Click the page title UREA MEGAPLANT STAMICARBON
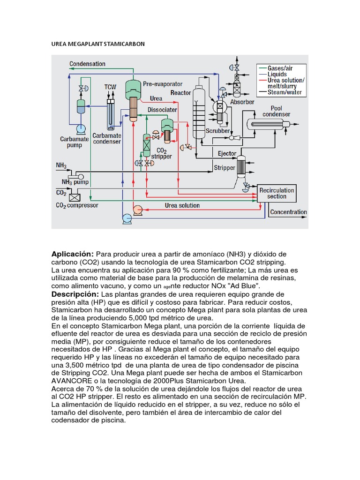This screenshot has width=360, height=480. pos(98,44)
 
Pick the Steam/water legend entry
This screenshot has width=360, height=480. pos(285,92)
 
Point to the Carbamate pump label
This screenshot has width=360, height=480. pos(71,142)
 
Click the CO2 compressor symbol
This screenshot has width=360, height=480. pos(73,196)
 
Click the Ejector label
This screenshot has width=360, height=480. pos(227,154)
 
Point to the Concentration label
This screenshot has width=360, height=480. pos(288,212)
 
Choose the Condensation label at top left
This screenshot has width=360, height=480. pos(88,64)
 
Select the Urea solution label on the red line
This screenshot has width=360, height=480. pos(182,205)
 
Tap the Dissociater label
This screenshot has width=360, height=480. pos(162,110)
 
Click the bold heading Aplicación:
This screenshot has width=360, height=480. pos(73,254)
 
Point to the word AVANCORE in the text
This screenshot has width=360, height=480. pos(71,380)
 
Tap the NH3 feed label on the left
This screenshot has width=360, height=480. pos(61,165)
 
